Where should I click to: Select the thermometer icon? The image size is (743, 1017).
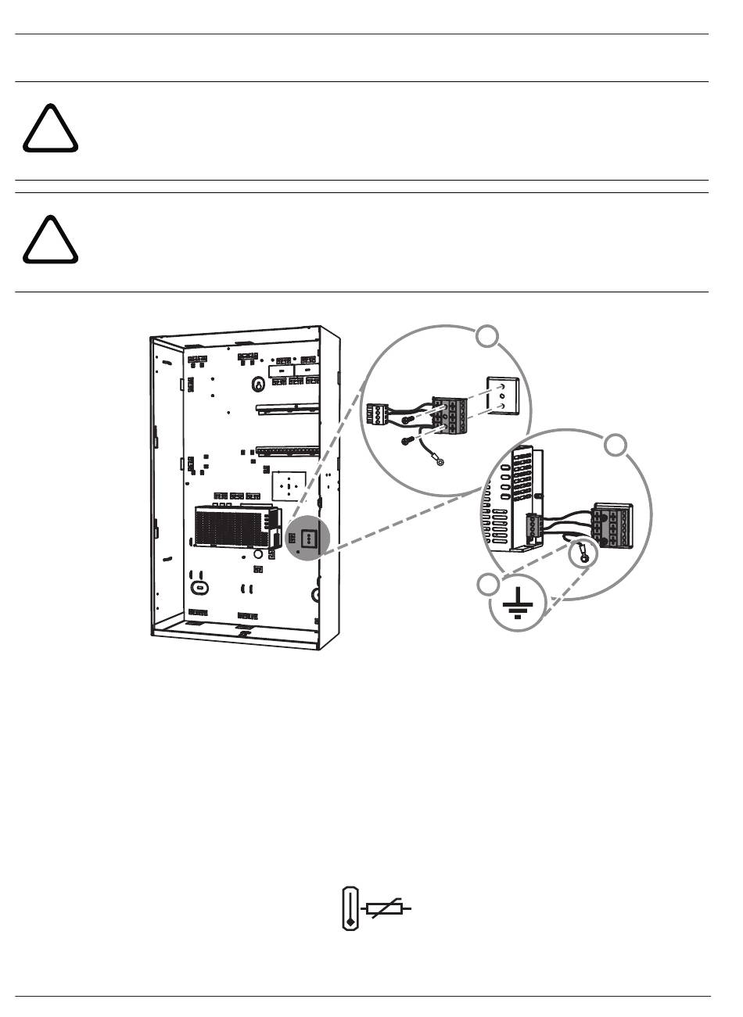coord(350,909)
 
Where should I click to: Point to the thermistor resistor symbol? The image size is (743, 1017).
coord(385,909)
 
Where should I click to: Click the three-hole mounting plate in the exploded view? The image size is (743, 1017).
coord(502,396)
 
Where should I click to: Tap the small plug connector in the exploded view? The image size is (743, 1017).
coord(379,413)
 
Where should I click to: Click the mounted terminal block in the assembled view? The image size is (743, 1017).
coord(612,525)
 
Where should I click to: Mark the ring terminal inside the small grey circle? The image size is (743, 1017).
coord(583,557)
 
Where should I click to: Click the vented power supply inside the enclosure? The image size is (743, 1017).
coord(235,525)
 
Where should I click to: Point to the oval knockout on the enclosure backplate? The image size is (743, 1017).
coord(199,586)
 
